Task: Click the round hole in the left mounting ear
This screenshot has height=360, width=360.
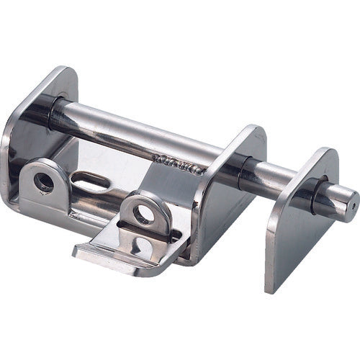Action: pyautogui.click(x=43, y=182)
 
